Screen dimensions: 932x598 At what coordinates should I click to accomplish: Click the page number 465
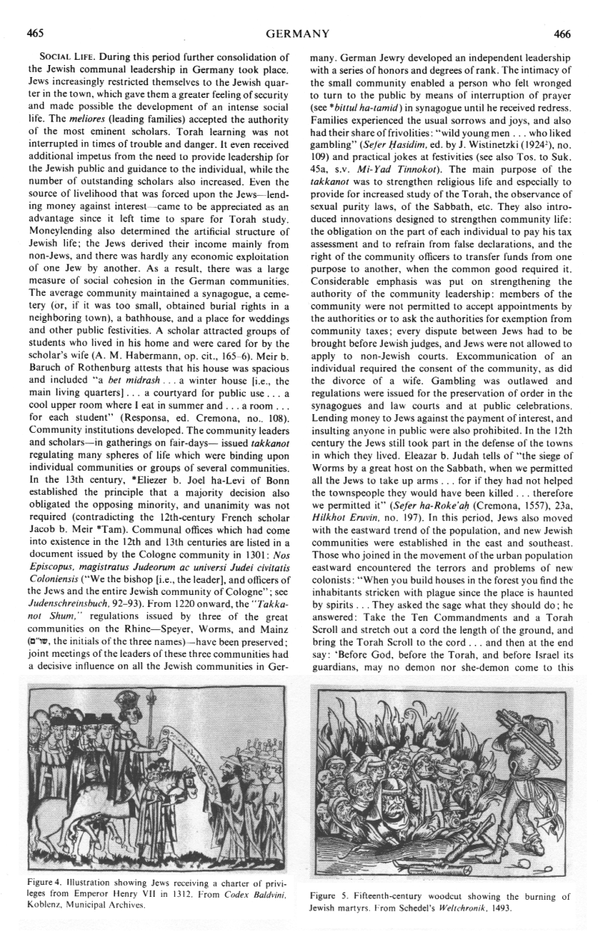point(34,33)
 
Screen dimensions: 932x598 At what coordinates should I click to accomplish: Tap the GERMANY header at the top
point(299,33)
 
